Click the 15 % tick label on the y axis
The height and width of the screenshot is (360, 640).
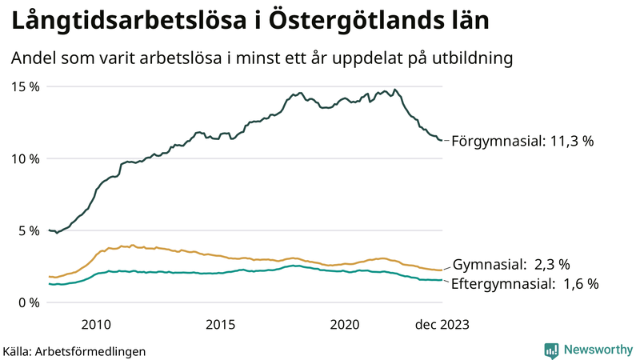click(25, 86)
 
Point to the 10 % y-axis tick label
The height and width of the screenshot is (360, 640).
click(25, 158)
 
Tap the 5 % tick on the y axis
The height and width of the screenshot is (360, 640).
click(28, 230)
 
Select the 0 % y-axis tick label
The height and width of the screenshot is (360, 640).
click(28, 302)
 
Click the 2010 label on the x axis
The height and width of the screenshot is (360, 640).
click(96, 324)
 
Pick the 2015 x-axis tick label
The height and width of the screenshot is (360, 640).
click(221, 324)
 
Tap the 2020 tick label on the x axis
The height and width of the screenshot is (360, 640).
click(346, 324)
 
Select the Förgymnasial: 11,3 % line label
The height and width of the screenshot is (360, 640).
click(523, 141)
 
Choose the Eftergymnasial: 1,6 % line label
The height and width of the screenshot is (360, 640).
click(525, 283)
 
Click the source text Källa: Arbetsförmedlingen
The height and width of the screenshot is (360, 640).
click(74, 350)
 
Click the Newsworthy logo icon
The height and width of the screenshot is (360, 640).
click(551, 350)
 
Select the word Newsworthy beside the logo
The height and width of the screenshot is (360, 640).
click(598, 350)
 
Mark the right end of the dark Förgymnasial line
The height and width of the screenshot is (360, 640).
click(442, 141)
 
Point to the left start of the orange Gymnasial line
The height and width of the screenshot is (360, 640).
click(50, 276)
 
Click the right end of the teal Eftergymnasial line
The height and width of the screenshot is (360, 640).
click(442, 280)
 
